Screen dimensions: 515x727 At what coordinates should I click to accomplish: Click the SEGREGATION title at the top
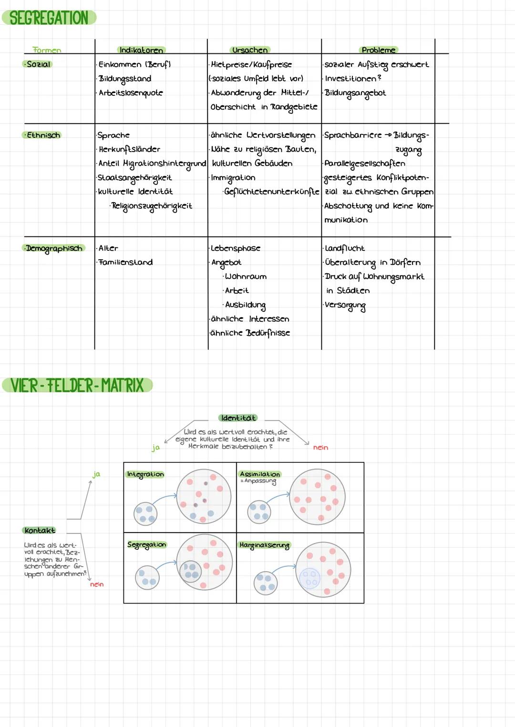(49, 18)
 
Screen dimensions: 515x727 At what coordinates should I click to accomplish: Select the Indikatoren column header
(141, 50)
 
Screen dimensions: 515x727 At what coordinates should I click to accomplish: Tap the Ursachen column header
(250, 50)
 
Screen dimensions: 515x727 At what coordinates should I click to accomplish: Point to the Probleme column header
(378, 50)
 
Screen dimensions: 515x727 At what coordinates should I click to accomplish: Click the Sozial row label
(38, 64)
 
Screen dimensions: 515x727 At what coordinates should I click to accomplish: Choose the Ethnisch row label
(43, 135)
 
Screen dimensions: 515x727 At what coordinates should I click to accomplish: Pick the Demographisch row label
(54, 248)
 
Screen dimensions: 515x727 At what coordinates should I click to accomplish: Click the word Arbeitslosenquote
(131, 93)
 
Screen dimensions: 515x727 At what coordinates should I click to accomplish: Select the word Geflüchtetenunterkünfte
(272, 192)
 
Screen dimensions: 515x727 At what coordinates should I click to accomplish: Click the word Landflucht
(344, 248)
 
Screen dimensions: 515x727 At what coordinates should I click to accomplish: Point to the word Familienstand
(126, 262)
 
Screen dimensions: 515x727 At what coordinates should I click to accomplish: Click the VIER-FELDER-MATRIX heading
(77, 385)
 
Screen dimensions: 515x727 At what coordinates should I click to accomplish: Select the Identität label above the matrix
(238, 418)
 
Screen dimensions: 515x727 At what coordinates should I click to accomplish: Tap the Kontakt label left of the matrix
(40, 530)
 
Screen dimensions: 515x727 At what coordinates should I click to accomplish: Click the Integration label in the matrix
(145, 474)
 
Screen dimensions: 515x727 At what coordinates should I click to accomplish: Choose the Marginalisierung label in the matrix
(264, 545)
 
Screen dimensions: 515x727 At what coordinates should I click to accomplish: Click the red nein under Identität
(320, 448)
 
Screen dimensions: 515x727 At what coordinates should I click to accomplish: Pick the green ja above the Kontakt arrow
(96, 474)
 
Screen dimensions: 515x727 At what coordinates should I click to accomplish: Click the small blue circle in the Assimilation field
(259, 512)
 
